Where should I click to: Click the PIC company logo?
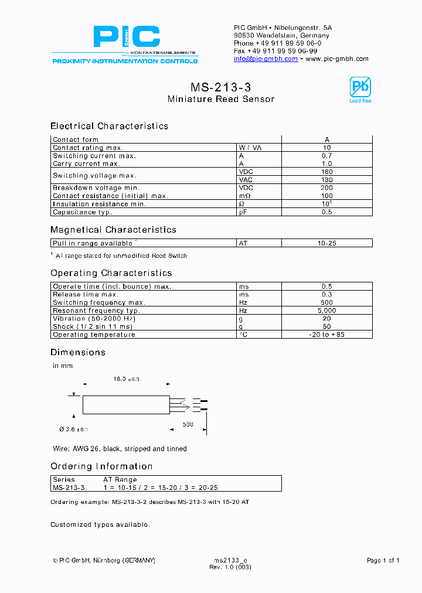click(126, 38)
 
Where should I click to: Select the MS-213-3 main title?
click(220, 87)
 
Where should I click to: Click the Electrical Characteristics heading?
click(109, 126)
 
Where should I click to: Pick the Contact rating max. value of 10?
click(327, 148)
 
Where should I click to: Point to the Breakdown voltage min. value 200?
click(327, 188)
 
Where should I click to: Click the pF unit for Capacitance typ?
click(243, 212)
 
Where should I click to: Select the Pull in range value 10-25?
click(327, 243)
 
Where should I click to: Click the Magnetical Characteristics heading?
click(113, 230)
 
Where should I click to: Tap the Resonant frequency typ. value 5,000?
click(327, 311)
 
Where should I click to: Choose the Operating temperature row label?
click(94, 335)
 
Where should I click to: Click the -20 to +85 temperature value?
click(327, 335)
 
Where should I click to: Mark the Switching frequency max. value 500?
click(327, 302)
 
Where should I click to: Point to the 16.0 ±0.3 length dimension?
click(126, 380)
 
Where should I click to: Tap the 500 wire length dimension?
click(188, 424)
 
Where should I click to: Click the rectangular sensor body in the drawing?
click(126, 404)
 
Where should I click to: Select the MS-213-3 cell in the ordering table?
click(69, 487)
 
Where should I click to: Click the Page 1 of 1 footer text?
click(383, 560)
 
